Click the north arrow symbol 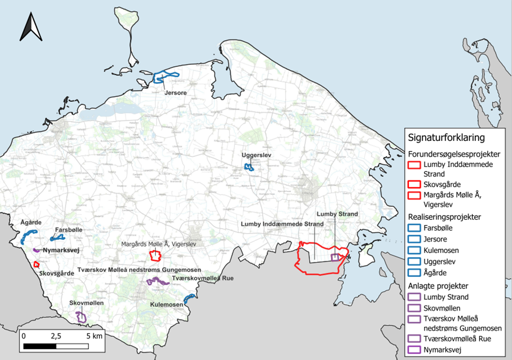coord(31,27)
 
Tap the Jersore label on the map coord(175,93)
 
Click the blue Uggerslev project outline coord(249,167)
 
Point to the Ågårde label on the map coord(31,222)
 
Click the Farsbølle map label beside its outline coord(69,230)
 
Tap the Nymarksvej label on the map coord(61,250)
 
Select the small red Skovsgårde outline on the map coord(36,265)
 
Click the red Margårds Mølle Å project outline coord(156,255)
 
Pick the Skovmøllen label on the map coord(86,303)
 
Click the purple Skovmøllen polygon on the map coord(81,317)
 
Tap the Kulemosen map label coord(166,305)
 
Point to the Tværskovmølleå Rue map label coord(202,278)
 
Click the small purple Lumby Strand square coord(335,258)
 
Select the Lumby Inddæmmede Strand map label coord(282,224)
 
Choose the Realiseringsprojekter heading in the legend coord(444,217)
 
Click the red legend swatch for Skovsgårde coord(415,184)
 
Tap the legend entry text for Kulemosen coord(441,250)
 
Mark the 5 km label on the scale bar coord(94,336)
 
